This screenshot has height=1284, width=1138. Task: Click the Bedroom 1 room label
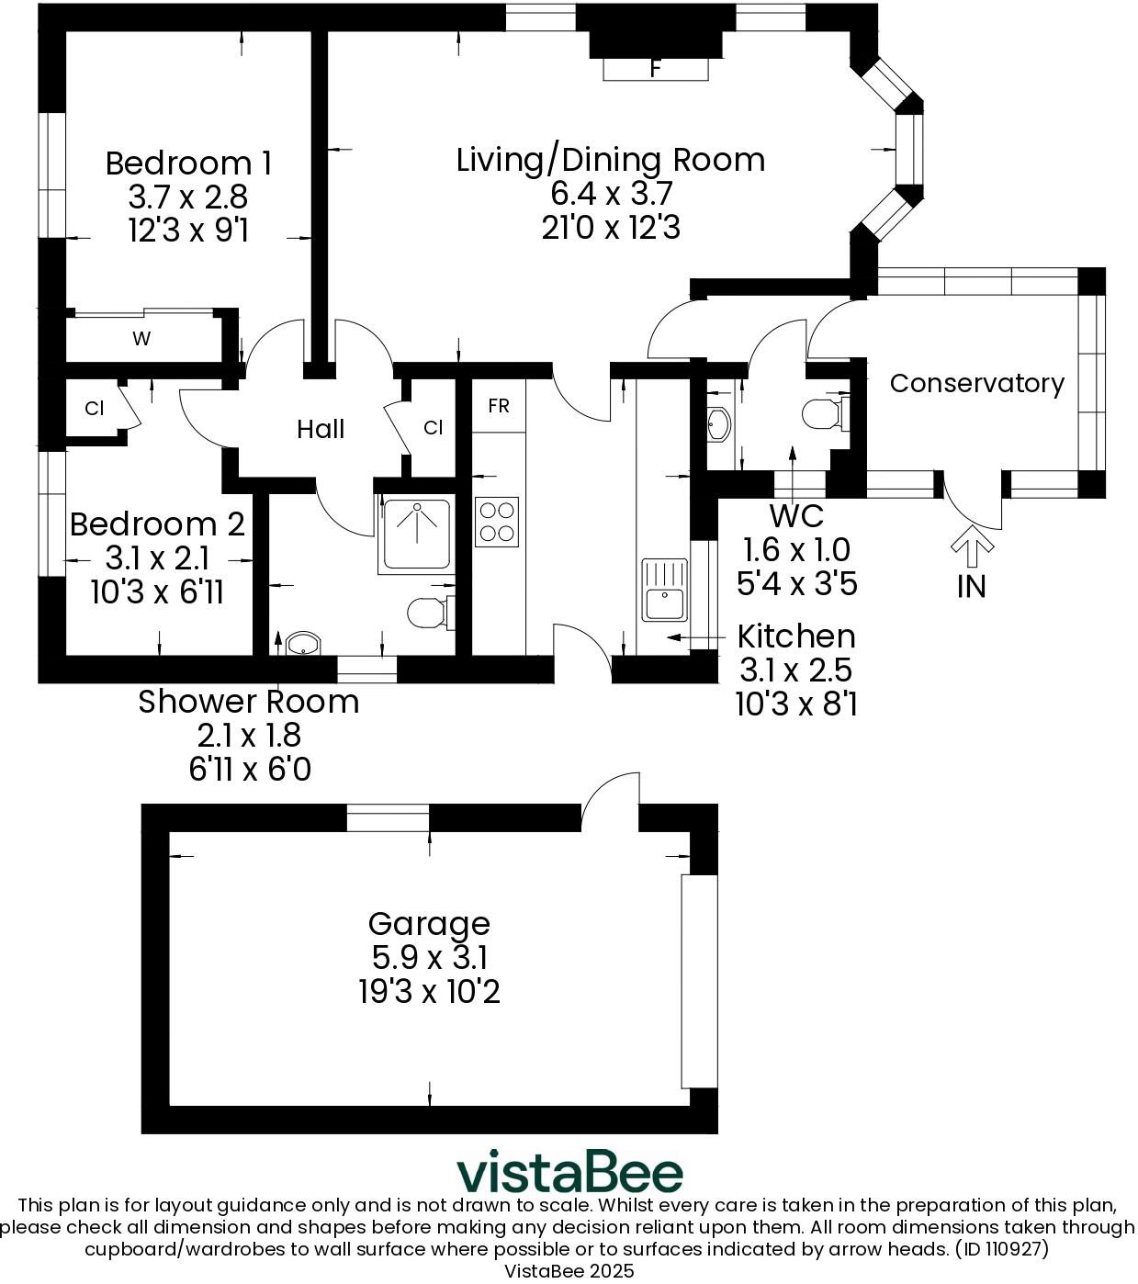(x=188, y=163)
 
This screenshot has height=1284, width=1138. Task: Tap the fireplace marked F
(x=655, y=68)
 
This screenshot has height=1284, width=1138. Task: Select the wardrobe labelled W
(x=141, y=339)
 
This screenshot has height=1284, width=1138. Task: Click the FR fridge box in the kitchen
(x=499, y=406)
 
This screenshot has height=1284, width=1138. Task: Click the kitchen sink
(x=664, y=590)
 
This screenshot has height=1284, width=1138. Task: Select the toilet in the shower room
(x=428, y=613)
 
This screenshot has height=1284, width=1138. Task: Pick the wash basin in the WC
(x=718, y=423)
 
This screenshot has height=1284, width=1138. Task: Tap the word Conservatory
(x=976, y=384)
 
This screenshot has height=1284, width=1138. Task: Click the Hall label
(x=321, y=429)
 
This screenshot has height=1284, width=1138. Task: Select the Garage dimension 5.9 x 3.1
(x=429, y=958)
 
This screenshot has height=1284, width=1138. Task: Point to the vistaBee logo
(x=570, y=1172)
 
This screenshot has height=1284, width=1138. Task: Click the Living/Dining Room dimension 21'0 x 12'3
(x=611, y=227)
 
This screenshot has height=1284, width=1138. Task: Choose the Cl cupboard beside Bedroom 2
(x=95, y=409)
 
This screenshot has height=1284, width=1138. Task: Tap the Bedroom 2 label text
(x=157, y=524)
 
